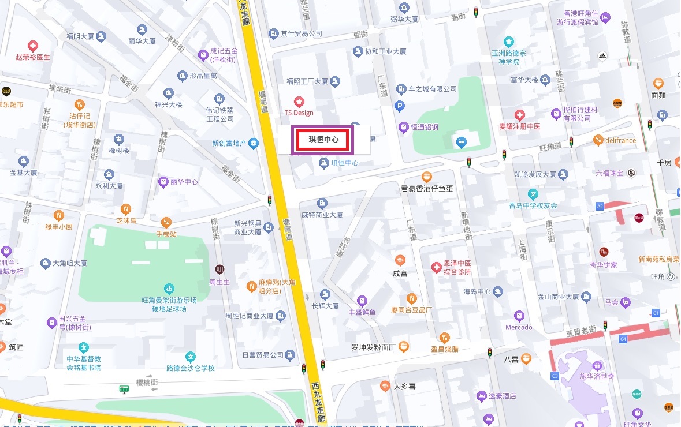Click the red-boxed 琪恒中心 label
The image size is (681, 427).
pyautogui.click(x=323, y=140)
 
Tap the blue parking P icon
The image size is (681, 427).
pyautogui.click(x=399, y=106)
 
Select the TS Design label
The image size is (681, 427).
pyautogui.click(x=299, y=113)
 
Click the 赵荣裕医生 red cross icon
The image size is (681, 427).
pyautogui.click(x=34, y=46)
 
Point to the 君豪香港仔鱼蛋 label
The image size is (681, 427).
pyautogui.click(x=427, y=188)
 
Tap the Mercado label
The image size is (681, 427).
pyautogui.click(x=519, y=327)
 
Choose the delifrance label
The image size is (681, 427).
pyautogui.click(x=620, y=140)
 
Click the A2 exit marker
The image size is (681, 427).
pyautogui.click(x=600, y=206)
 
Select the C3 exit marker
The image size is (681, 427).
pyautogui.click(x=555, y=376)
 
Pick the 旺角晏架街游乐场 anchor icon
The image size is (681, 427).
pyautogui.click(x=169, y=288)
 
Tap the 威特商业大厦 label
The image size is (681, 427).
pyautogui.click(x=322, y=214)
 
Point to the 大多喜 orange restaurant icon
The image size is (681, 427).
pyautogui.click(x=386, y=386)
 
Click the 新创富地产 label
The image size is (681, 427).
pyautogui.click(x=229, y=143)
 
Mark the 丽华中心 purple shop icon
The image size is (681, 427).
pyautogui.click(x=164, y=182)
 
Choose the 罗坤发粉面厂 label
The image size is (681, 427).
pyautogui.click(x=373, y=347)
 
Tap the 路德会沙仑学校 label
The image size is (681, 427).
pyautogui.click(x=190, y=368)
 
